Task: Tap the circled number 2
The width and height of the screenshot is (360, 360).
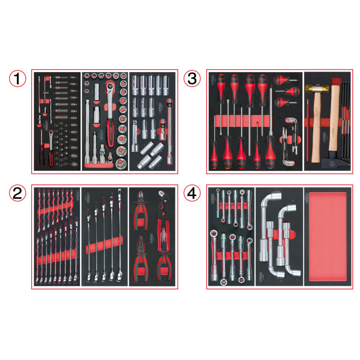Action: point(17,193)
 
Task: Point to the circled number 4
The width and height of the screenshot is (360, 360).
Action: point(192,193)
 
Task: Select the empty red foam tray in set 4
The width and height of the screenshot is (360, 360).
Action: point(327,237)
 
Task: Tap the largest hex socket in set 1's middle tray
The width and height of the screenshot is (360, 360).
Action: point(121,161)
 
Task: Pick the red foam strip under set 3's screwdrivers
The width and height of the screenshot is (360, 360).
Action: point(243,121)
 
